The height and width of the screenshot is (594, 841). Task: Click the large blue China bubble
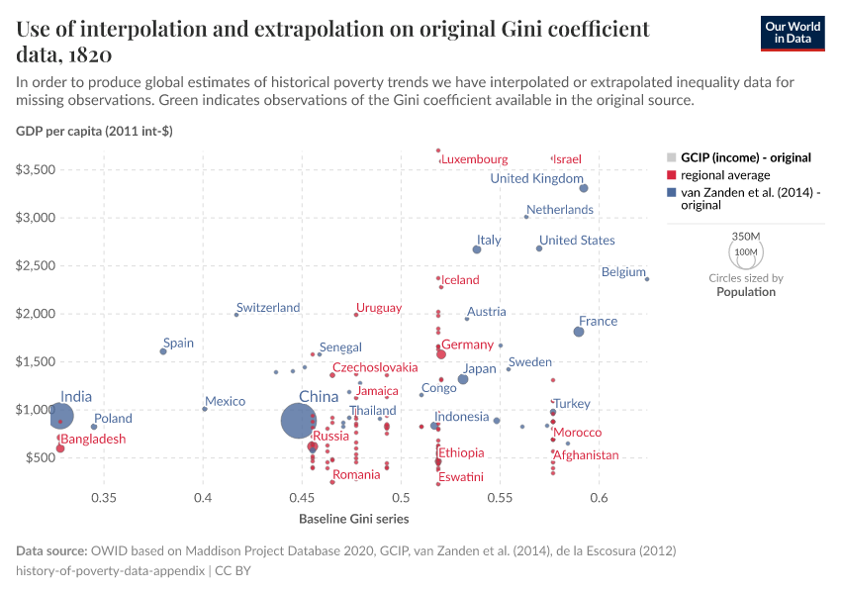tap(299, 420)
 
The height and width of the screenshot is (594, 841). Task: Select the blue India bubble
tap(60, 416)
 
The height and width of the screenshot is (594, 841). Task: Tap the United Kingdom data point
tap(584, 188)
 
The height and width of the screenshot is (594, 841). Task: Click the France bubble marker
tap(579, 332)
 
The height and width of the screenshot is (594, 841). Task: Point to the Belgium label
tap(623, 272)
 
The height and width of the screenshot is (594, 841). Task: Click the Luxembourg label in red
tap(475, 159)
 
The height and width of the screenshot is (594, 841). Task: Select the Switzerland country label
tap(268, 308)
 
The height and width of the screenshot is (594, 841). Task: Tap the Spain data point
tap(163, 351)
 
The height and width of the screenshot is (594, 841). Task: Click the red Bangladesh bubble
tap(60, 448)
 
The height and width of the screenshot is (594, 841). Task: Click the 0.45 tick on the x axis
tap(302, 497)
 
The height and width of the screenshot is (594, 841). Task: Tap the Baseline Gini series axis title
tap(353, 519)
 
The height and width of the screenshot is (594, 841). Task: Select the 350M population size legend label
tap(746, 237)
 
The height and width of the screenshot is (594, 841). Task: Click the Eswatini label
tap(462, 477)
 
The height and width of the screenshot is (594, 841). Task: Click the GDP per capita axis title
tap(94, 132)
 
